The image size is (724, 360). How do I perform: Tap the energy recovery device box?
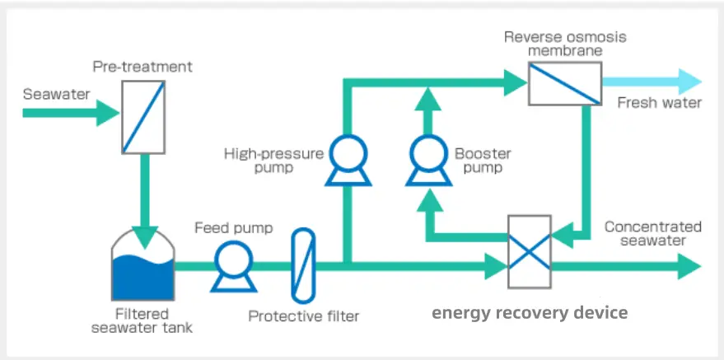[530, 250]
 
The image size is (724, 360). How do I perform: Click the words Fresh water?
[660, 103]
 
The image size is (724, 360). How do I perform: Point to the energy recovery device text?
[530, 313]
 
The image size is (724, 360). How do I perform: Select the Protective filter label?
[304, 316]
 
